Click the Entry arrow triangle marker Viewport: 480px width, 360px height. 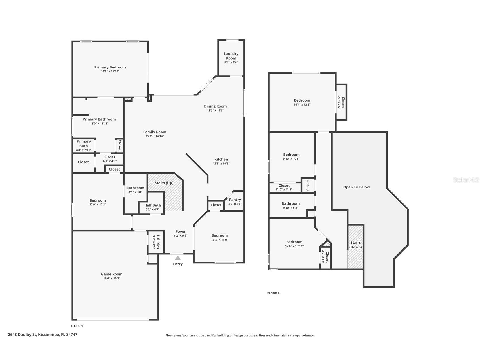[x=178, y=258]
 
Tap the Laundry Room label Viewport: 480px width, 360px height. [x=231, y=56]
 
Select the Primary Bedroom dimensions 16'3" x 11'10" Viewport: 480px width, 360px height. [x=110, y=72]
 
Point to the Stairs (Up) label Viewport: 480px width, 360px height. [x=164, y=183]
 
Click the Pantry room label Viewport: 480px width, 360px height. [x=235, y=200]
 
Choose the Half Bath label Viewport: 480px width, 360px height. [x=152, y=205]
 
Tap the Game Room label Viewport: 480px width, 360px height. [x=112, y=274]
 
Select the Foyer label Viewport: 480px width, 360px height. [x=180, y=232]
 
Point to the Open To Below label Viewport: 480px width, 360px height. [x=356, y=187]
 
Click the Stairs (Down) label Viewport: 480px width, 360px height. [x=356, y=245]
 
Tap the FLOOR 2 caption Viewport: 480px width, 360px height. [x=273, y=293]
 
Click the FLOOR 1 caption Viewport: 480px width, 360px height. [x=77, y=326]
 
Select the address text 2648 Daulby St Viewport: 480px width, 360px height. [x=22, y=335]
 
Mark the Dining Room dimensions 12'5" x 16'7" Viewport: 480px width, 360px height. [x=215, y=111]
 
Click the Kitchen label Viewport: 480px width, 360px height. [x=221, y=159]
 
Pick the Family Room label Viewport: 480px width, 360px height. [x=155, y=132]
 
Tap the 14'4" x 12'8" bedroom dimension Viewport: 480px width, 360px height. [x=302, y=105]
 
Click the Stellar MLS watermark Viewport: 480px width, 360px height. [x=466, y=180]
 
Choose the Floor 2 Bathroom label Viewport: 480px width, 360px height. [x=290, y=203]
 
